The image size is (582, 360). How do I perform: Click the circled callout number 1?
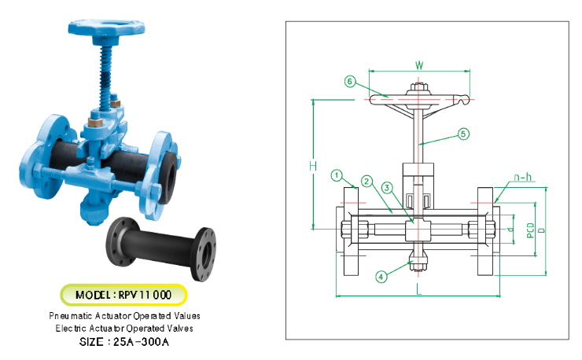(x=337, y=175)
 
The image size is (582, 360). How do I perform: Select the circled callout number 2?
(x=367, y=182)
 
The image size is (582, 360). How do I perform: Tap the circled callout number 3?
(x=387, y=188)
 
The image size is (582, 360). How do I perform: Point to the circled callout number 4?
(x=381, y=277)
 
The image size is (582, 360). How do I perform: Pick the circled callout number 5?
(x=463, y=134)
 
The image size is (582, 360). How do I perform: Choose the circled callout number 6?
(x=350, y=81)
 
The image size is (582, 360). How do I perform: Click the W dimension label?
(x=419, y=65)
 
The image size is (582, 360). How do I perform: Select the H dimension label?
(x=313, y=166)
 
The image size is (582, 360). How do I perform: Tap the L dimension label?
(x=418, y=288)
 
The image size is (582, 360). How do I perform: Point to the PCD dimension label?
(x=530, y=230)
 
